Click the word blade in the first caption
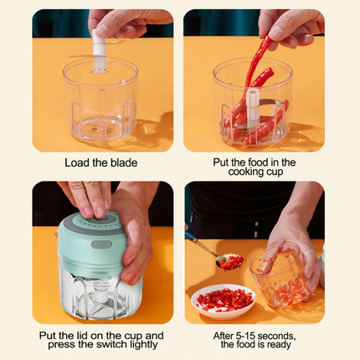coord(122,162)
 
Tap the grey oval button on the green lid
coord(101,244)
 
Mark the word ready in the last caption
coord(282,346)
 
